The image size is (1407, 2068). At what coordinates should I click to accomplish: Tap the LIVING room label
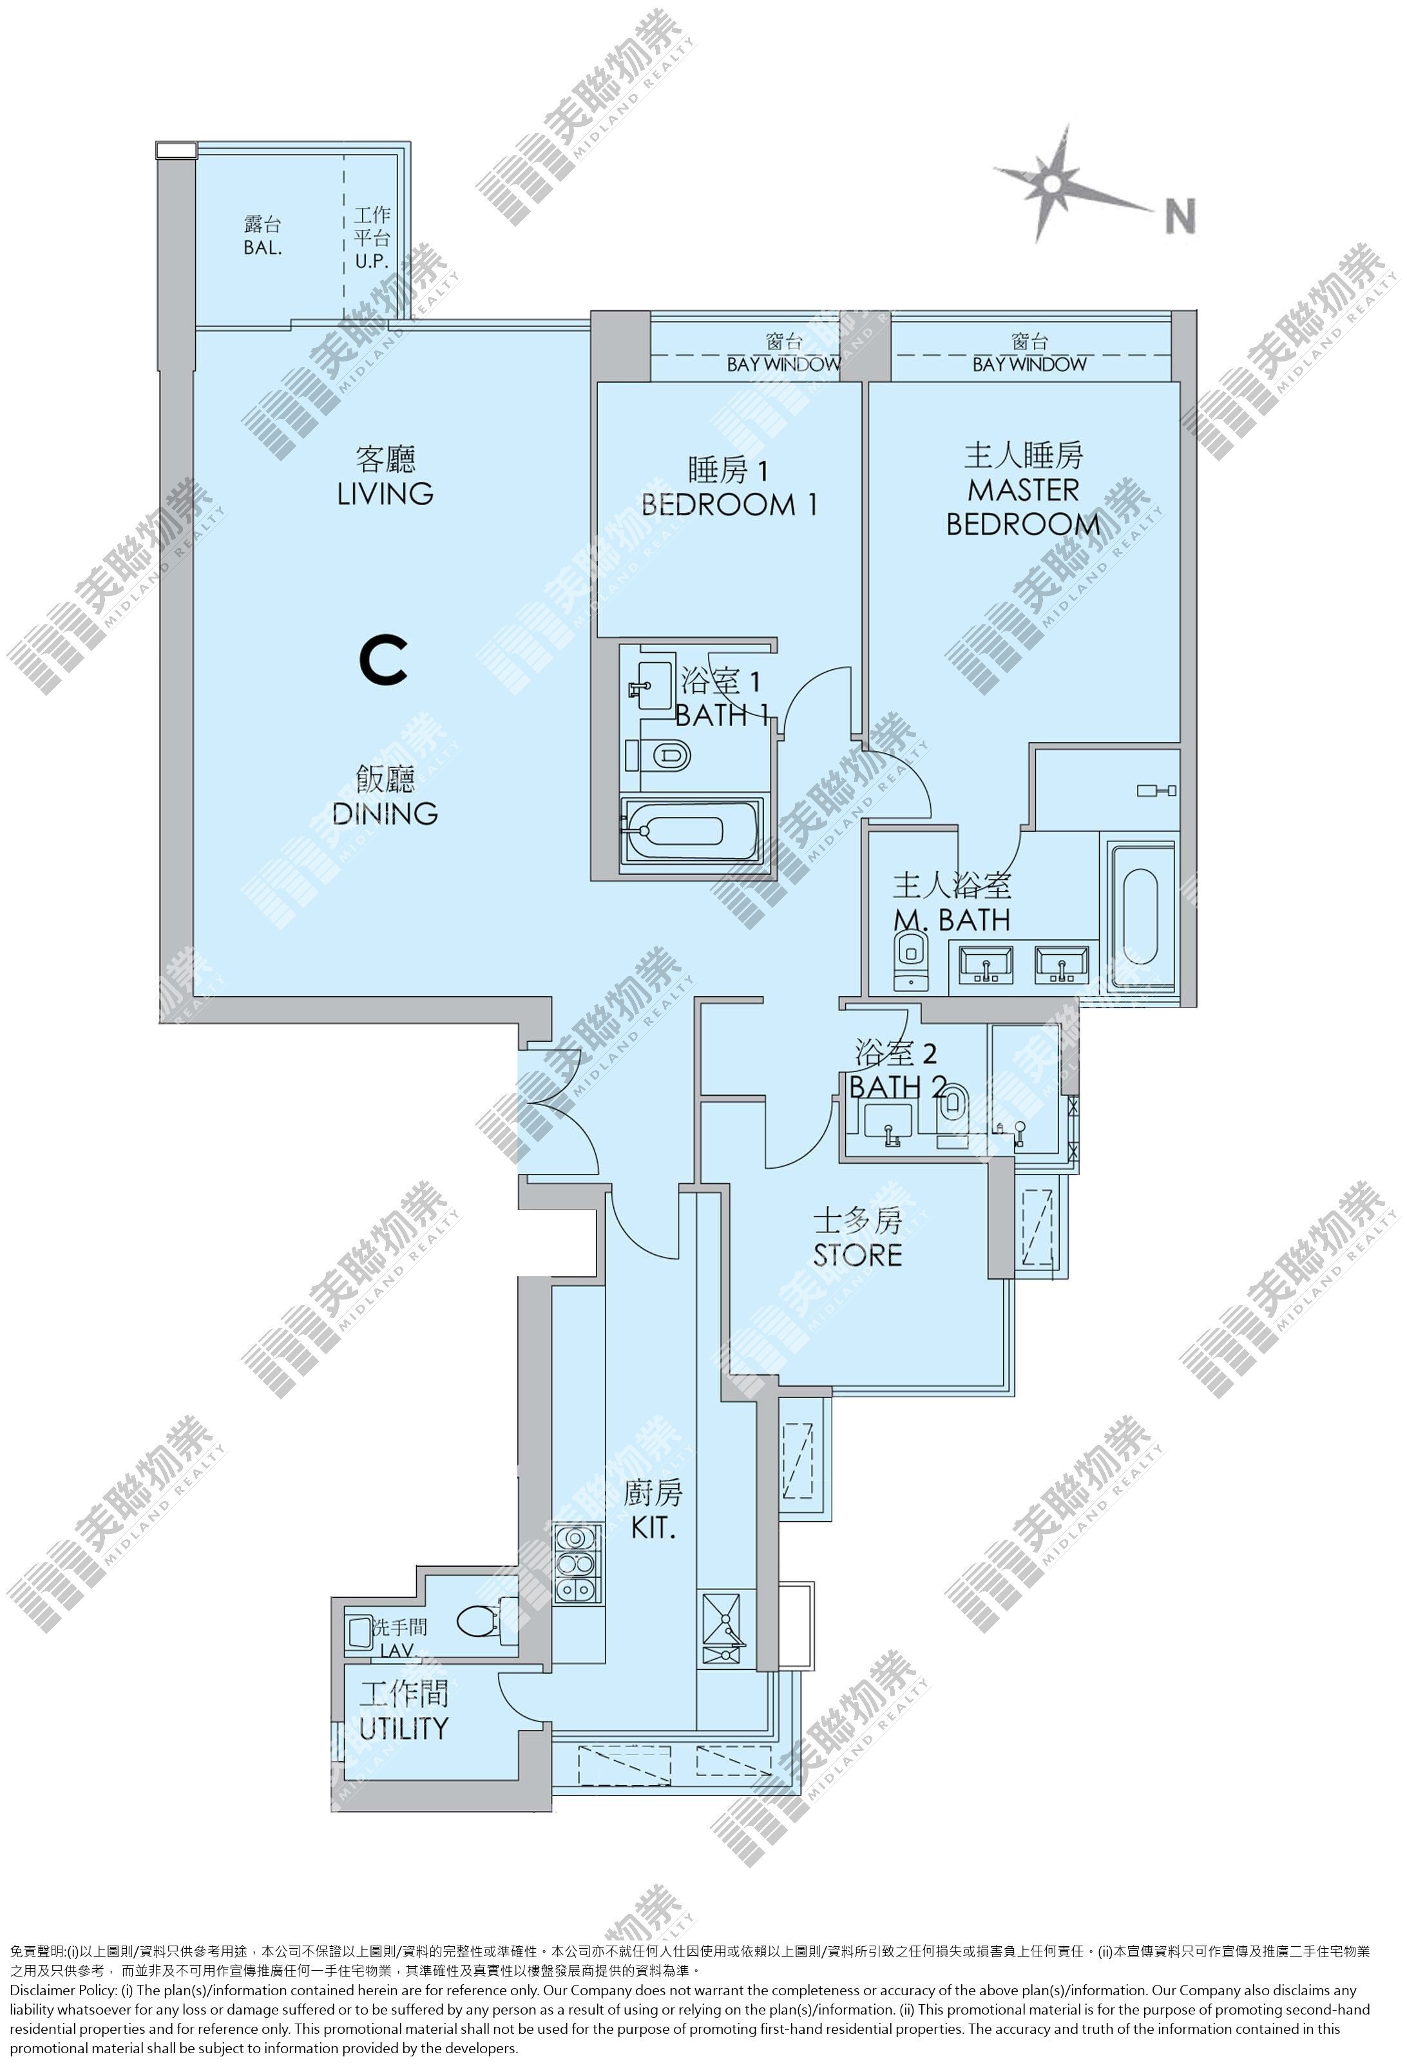point(385,493)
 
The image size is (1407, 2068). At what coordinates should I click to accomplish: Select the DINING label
point(385,812)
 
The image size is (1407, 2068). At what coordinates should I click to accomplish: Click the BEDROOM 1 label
point(729,504)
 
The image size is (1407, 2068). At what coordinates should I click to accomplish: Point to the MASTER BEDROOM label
point(1024,506)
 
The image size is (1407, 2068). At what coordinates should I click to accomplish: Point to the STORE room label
point(857,1255)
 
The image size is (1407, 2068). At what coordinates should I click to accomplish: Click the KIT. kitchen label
point(653,1529)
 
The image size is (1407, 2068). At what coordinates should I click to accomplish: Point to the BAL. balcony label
point(263,248)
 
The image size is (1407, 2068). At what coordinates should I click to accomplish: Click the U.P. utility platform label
point(372,262)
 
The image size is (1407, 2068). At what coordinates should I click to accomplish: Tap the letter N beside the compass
point(1180,216)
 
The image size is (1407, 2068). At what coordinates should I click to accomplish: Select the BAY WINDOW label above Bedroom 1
point(783,364)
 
